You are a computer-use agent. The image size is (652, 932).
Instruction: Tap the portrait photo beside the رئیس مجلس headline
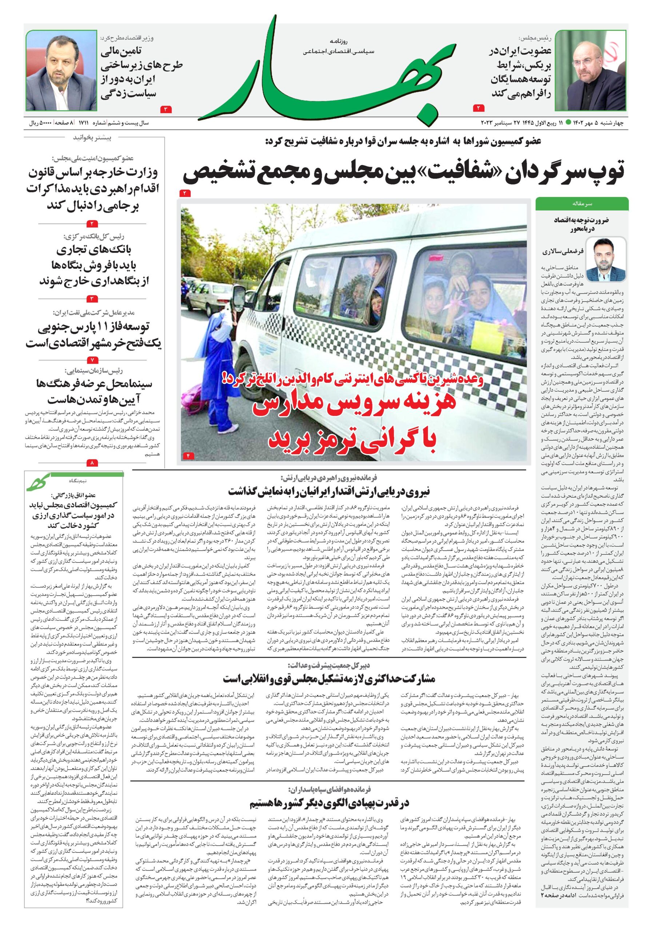tap(590, 71)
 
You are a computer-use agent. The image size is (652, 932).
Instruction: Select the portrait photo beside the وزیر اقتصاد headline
tap(61, 71)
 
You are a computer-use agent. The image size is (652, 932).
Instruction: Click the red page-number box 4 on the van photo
tap(188, 456)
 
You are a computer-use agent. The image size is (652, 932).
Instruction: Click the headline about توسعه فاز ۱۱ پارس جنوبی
tap(93, 335)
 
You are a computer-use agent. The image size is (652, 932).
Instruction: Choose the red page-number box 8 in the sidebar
tap(92, 462)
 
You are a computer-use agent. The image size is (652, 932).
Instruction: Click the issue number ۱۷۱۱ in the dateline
tap(84, 122)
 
